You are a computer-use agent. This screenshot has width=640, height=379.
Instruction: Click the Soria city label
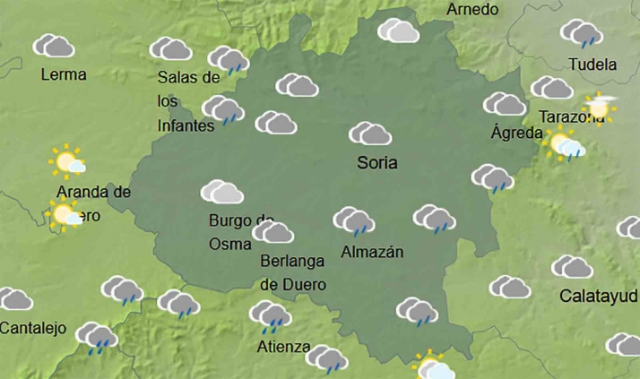coord(376,163)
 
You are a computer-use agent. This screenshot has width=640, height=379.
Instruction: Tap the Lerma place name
coord(64,74)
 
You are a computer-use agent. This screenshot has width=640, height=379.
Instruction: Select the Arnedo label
coord(471,10)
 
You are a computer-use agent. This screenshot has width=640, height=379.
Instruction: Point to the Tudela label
coord(592,65)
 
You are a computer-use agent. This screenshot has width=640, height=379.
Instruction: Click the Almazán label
coord(372,253)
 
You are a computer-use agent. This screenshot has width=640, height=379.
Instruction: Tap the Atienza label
coord(282,347)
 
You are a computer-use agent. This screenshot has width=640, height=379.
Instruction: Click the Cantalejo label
coord(33,328)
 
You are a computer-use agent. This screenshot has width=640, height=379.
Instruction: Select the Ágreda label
coord(517,134)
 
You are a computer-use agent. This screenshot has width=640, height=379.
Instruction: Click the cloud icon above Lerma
coord(54,46)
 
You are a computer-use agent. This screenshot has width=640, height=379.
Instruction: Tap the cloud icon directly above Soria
coord(370,134)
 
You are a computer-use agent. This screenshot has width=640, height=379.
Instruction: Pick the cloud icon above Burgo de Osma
coord(222,192)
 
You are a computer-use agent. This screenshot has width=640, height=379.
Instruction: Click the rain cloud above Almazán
coord(353,220)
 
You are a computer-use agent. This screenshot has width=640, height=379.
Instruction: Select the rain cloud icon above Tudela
coord(582,34)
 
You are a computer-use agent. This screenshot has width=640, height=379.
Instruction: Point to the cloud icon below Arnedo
coord(399,31)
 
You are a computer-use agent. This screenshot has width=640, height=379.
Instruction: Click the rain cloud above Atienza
coord(270,314)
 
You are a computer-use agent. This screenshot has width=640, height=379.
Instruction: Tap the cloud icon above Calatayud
coord(572,267)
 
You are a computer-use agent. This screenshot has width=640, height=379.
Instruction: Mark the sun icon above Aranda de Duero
coord(67,161)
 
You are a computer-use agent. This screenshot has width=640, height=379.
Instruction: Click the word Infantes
coord(186,125)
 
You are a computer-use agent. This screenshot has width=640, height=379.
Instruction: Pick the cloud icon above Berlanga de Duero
coord(272,233)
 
